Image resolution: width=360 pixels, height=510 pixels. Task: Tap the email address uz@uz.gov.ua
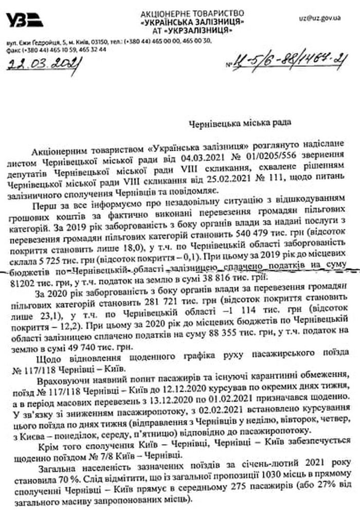pos(320,17)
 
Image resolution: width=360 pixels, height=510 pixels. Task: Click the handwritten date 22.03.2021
pos(43,64)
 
